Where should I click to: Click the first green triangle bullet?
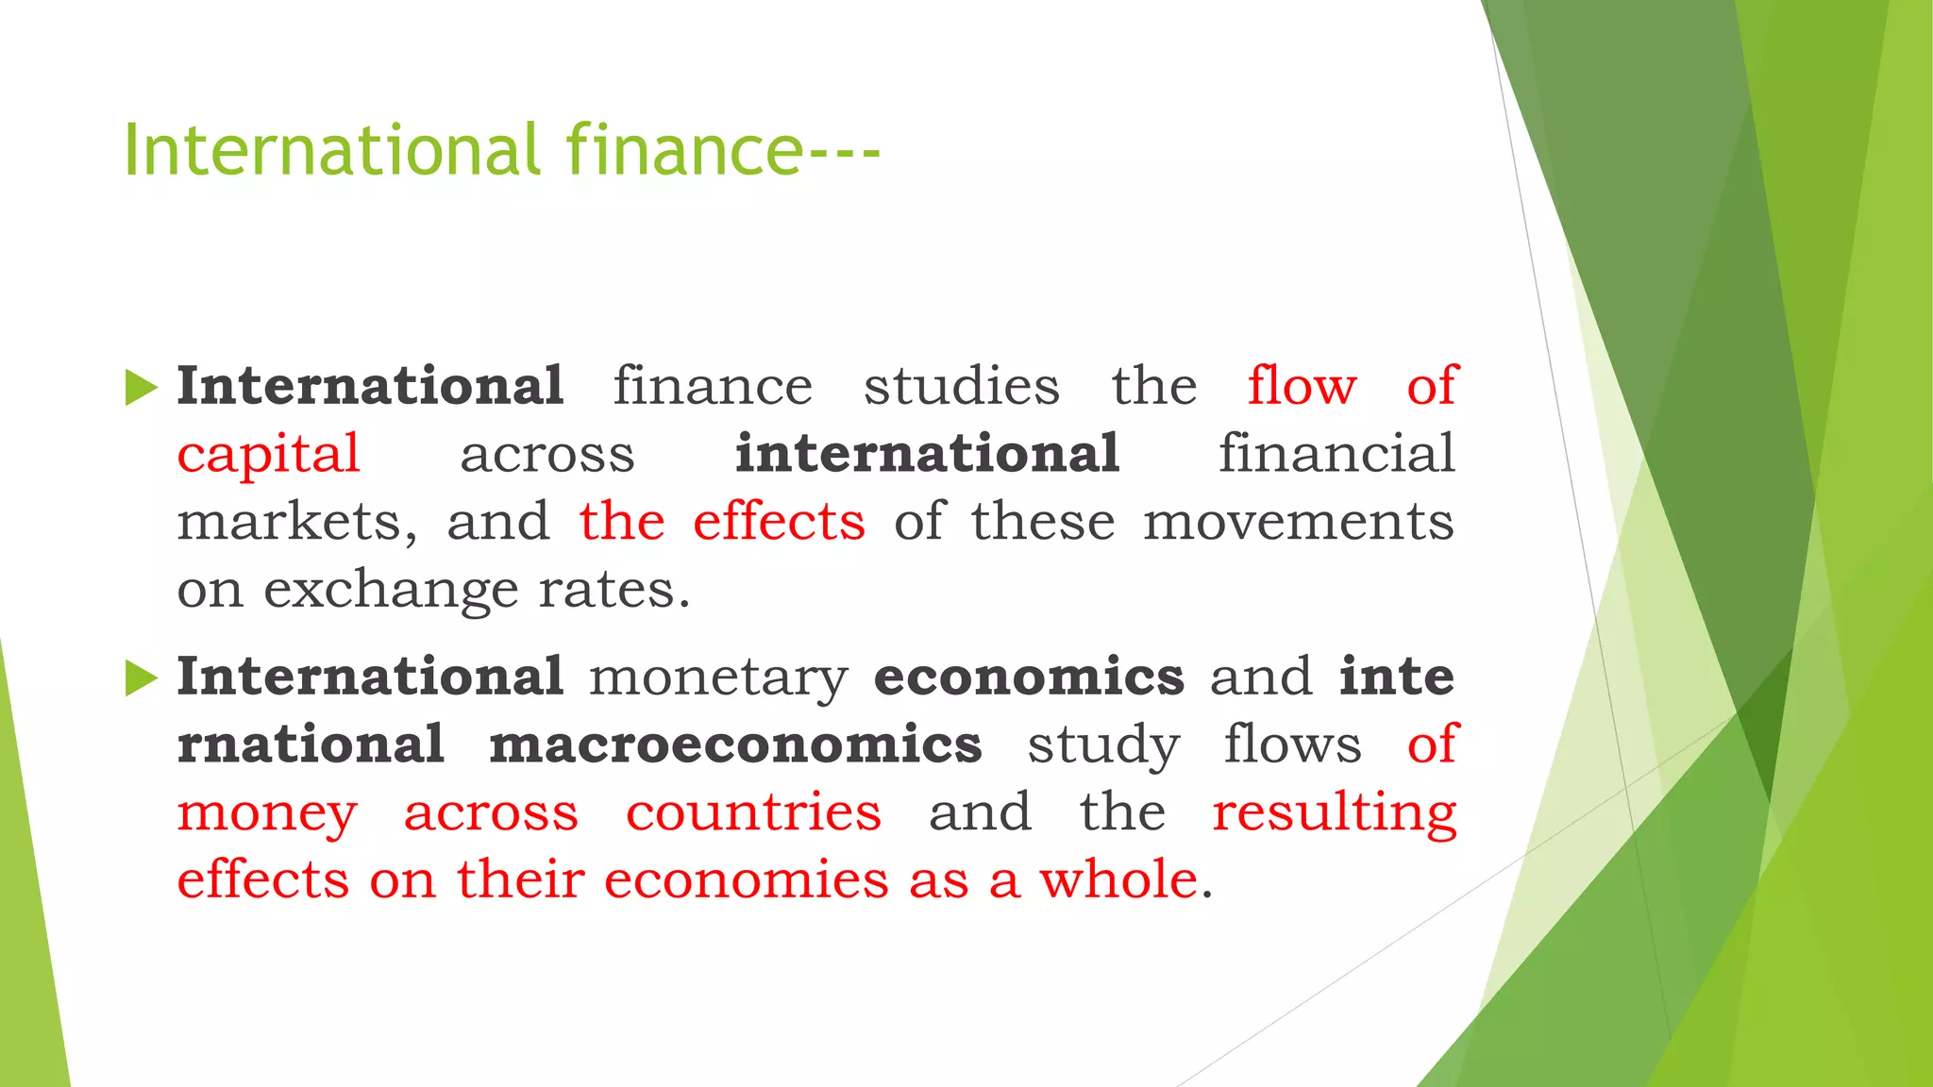(x=141, y=388)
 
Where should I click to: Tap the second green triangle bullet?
(x=141, y=678)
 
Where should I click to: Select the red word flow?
(x=1302, y=386)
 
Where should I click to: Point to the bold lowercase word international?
(x=927, y=454)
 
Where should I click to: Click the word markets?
(x=296, y=523)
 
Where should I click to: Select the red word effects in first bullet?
(x=779, y=522)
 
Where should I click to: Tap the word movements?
(x=1299, y=523)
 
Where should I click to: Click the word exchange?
(x=391, y=592)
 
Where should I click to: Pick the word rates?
(x=614, y=592)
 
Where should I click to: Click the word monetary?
(x=719, y=678)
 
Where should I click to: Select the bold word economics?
(x=1029, y=677)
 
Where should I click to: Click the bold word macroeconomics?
(x=735, y=744)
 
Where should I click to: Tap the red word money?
(x=267, y=813)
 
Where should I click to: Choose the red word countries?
(x=753, y=812)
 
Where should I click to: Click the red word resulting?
(x=1335, y=813)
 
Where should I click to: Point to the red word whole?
(x=1118, y=879)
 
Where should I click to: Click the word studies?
(x=962, y=386)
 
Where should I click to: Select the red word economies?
(x=746, y=879)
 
